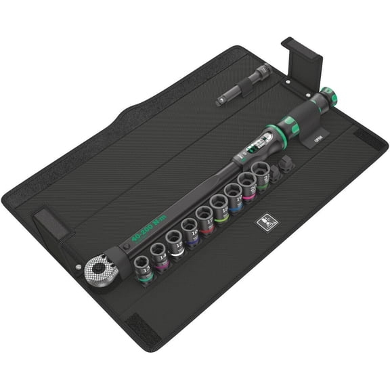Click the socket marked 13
click(x=144, y=264)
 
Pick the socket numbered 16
click(x=190, y=232)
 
